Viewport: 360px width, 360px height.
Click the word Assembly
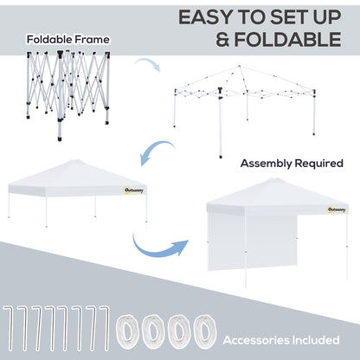click(269, 163)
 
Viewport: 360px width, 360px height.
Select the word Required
click(321, 163)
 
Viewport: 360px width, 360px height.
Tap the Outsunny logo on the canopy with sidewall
click(339, 209)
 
